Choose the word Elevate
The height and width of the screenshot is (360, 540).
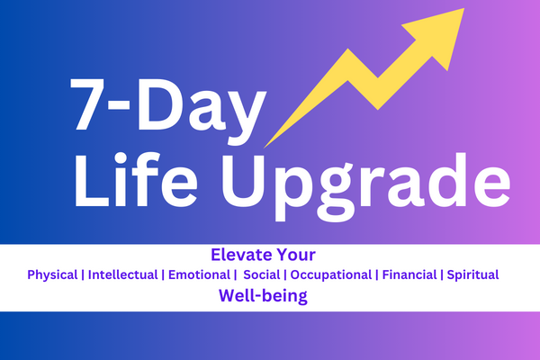(x=240, y=255)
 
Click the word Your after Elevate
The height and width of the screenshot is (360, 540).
(x=307, y=255)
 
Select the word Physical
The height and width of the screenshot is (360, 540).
(x=52, y=274)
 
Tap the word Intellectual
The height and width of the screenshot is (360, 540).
(x=121, y=274)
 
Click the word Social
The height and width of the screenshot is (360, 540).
(x=262, y=274)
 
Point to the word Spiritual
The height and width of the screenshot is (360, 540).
(x=473, y=274)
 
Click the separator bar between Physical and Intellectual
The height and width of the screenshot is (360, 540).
(x=82, y=274)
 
